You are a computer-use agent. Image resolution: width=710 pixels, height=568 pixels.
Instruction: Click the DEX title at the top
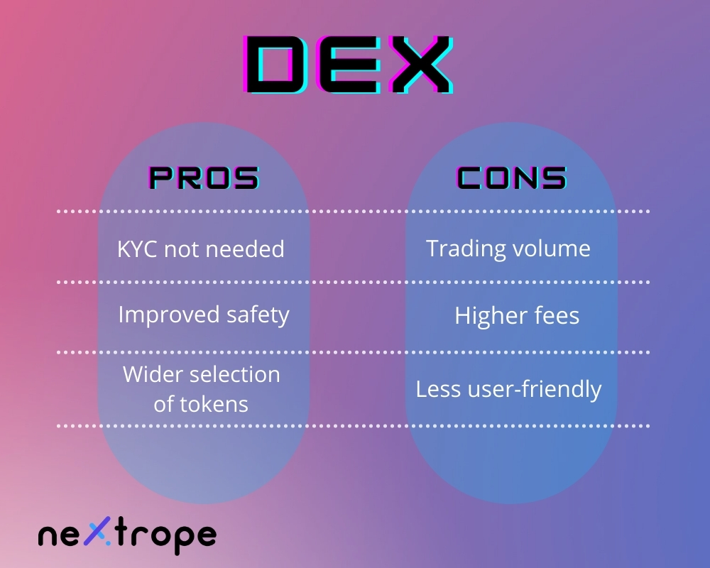pyautogui.click(x=348, y=65)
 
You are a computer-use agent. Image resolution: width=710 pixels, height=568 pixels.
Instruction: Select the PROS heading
pyautogui.click(x=204, y=177)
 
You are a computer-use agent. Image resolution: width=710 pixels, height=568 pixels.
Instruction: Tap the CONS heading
pyautogui.click(x=512, y=177)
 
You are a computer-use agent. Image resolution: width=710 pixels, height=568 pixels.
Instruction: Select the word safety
pyautogui.click(x=258, y=315)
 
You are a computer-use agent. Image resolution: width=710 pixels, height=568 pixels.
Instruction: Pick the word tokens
pyautogui.click(x=214, y=404)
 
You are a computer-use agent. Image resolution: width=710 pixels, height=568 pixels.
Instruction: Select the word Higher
pyautogui.click(x=491, y=316)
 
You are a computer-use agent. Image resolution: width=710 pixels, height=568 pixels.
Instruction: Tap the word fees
pyautogui.click(x=557, y=315)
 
